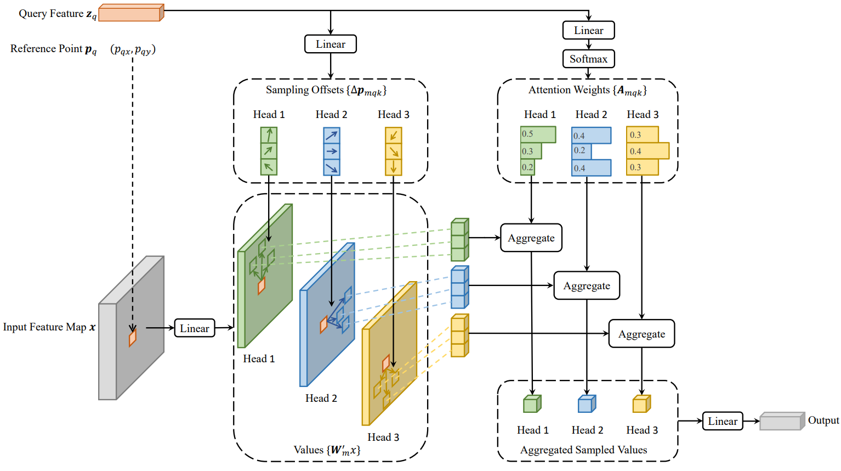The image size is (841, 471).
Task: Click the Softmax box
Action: (x=588, y=59)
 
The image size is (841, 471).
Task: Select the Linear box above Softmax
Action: (x=588, y=30)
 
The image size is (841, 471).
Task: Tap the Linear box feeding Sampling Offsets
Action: (x=330, y=44)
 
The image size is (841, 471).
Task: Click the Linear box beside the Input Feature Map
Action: (x=194, y=328)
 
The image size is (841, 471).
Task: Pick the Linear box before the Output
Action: (x=723, y=421)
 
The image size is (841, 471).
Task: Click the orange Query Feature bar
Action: (x=131, y=13)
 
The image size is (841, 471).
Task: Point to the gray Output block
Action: (x=782, y=421)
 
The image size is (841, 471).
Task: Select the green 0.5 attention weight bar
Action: (x=538, y=134)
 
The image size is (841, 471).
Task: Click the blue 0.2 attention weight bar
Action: (x=581, y=151)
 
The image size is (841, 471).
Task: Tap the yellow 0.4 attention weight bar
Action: (x=647, y=151)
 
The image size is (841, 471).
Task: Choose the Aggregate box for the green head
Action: (x=531, y=238)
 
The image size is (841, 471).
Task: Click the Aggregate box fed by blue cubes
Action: (x=586, y=285)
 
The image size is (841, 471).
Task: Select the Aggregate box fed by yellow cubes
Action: (x=641, y=334)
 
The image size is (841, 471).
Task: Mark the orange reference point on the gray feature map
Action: (x=133, y=337)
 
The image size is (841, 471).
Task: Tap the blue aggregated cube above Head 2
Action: (x=587, y=404)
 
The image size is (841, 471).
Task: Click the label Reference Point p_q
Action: (x=53, y=49)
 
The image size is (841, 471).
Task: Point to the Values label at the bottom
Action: (x=327, y=450)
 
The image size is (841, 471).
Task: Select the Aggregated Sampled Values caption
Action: (x=583, y=450)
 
